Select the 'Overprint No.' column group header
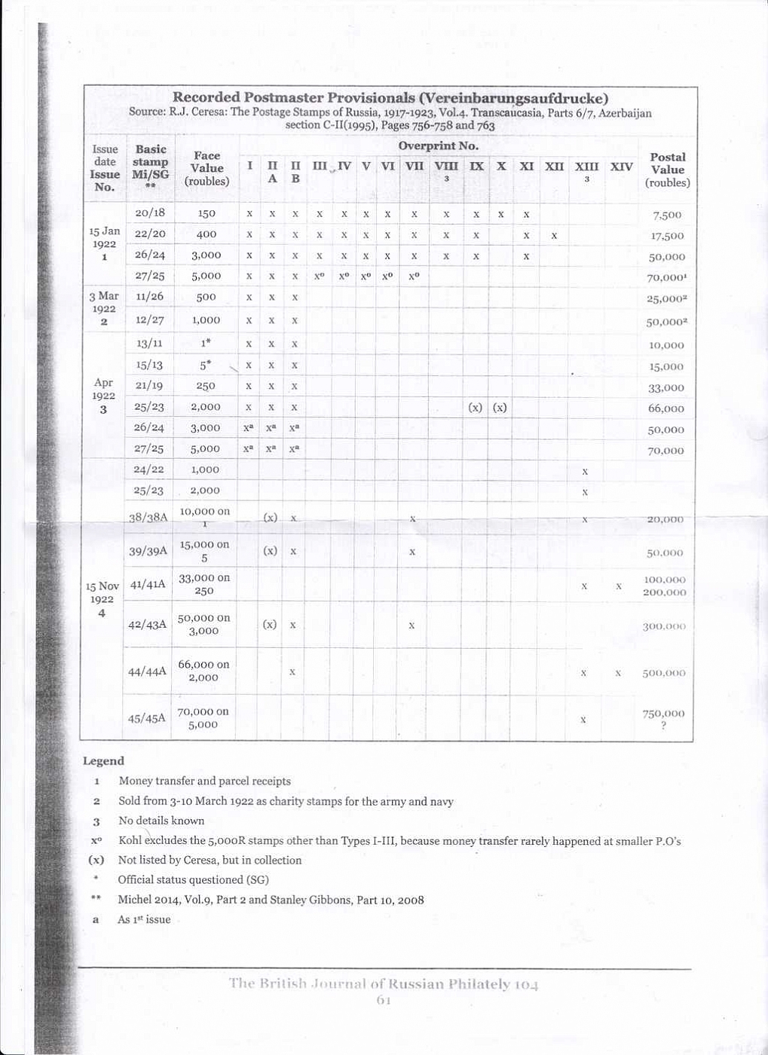point(438,145)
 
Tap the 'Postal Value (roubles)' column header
point(667,170)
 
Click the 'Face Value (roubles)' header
point(207,168)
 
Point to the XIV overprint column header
point(621,167)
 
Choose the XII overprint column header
point(554,167)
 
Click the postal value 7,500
point(667,215)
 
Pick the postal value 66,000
point(666,408)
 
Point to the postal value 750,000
point(663,714)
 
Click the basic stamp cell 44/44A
point(147,671)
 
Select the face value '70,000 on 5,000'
point(203,717)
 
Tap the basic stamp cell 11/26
point(149,297)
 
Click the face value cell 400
point(207,234)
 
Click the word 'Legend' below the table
point(103,761)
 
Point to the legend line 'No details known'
point(161,821)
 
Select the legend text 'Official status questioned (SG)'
point(193,879)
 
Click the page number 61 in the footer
point(384,1000)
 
